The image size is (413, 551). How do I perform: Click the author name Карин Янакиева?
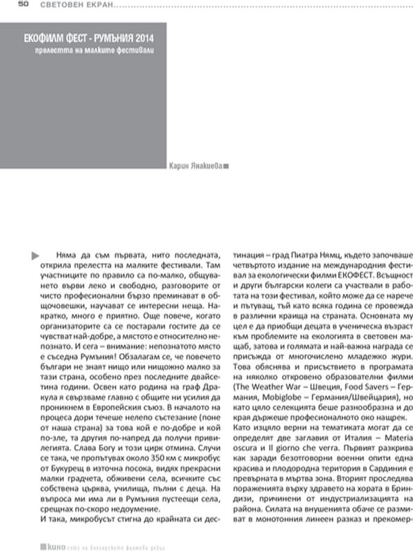(195, 165)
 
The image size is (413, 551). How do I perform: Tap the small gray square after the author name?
(228, 165)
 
